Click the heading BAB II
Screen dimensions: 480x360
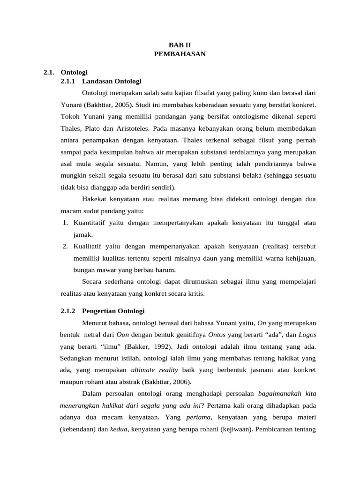pyautogui.click(x=180, y=45)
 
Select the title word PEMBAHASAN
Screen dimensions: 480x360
pyautogui.click(x=180, y=54)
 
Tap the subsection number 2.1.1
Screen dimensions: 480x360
pyautogui.click(x=69, y=82)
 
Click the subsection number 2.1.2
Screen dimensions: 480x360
pyautogui.click(x=69, y=311)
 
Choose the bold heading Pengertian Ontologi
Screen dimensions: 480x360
pyautogui.click(x=113, y=311)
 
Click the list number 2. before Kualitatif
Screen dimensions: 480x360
pyautogui.click(x=66, y=247)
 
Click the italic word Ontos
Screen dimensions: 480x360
pyautogui.click(x=217, y=335)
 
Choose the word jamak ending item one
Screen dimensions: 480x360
pyautogui.click(x=83, y=234)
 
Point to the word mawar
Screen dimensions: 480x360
pyautogui.click(x=106, y=270)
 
